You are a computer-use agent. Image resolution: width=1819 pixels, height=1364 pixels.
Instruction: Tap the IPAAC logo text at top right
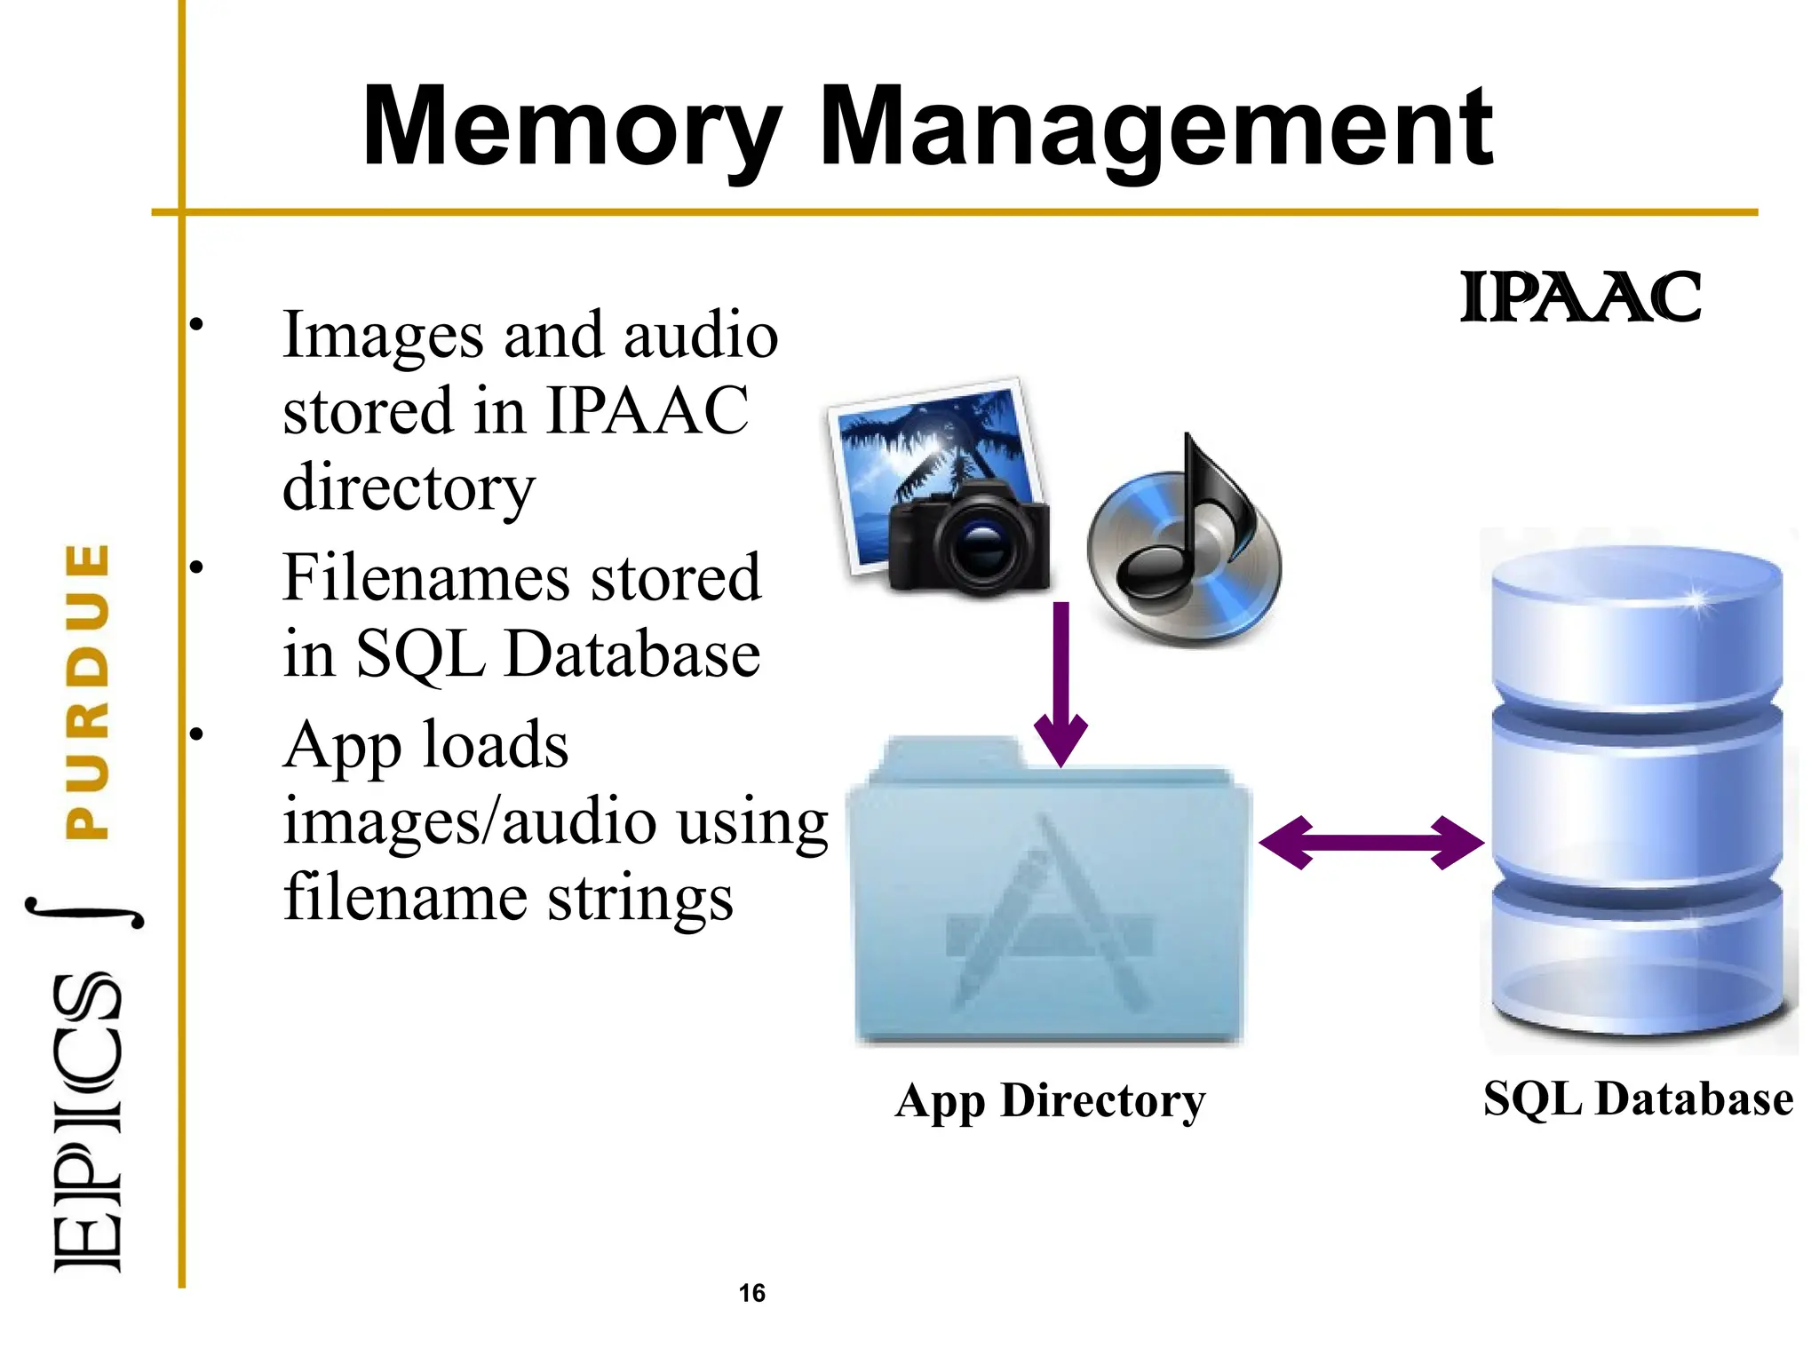1581,297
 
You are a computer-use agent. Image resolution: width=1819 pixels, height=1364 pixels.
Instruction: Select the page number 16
751,1293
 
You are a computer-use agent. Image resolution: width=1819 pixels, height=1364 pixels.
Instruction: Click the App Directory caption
1050,1101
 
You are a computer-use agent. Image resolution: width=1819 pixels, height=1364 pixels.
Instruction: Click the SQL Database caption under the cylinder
1638,1098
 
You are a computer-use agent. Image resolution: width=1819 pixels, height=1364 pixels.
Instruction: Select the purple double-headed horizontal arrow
1371,842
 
